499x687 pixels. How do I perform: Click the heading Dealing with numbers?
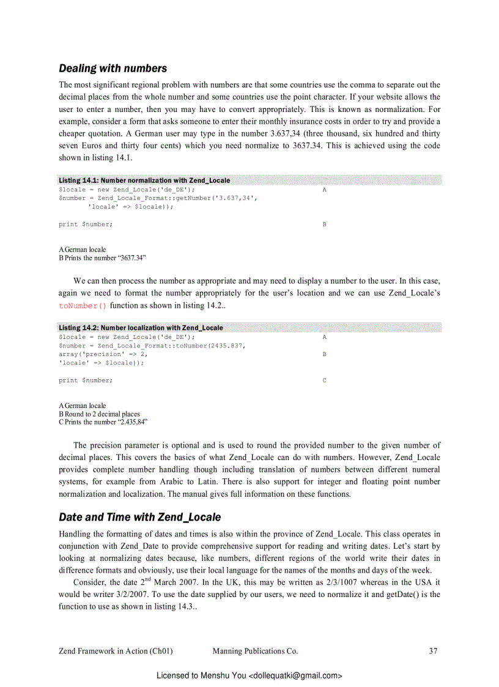pyautogui.click(x=113, y=68)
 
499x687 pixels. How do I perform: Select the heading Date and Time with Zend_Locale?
pyautogui.click(x=139, y=517)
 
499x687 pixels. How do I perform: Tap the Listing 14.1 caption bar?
pyautogui.click(x=144, y=180)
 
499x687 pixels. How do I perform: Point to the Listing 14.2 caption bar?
pyautogui.click(x=141, y=328)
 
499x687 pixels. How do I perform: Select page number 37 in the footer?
pyautogui.click(x=433, y=651)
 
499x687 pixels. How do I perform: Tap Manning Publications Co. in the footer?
pyautogui.click(x=255, y=651)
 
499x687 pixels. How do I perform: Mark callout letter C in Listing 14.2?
pyautogui.click(x=324, y=381)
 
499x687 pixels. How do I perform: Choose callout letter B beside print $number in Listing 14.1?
pyautogui.click(x=324, y=225)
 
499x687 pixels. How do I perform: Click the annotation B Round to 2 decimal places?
pyautogui.click(x=99, y=414)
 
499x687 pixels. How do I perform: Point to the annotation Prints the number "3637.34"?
pyautogui.click(x=104, y=258)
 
